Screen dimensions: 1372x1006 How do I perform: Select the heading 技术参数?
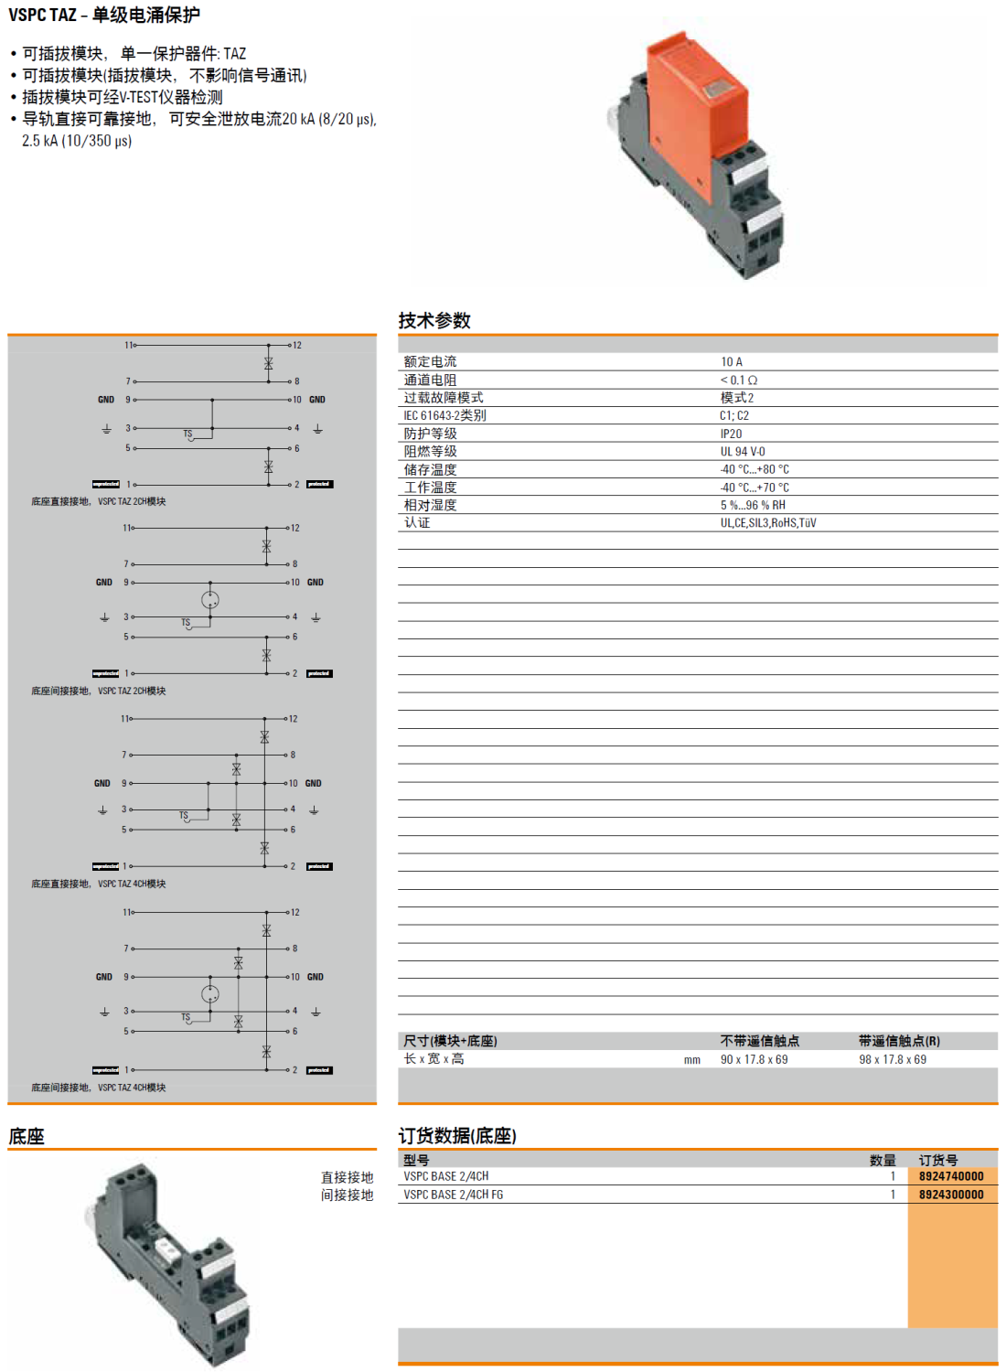tap(434, 321)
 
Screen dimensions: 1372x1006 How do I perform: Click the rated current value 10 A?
tap(732, 362)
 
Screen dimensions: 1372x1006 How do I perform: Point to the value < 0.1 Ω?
tap(739, 380)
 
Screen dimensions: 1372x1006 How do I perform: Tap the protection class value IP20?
tap(731, 434)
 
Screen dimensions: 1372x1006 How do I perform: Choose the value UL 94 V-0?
tap(743, 452)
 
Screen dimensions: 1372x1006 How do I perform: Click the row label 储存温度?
tap(430, 469)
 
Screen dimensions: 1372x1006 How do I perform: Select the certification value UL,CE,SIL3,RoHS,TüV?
tap(768, 523)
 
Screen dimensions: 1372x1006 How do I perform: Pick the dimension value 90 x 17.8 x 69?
tap(754, 1059)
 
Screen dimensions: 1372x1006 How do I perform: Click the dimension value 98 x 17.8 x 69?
tap(893, 1059)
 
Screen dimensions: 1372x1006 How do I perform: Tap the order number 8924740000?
tap(951, 1176)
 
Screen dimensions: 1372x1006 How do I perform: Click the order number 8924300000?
tap(951, 1195)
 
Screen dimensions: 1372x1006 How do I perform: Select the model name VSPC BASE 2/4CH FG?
tap(454, 1195)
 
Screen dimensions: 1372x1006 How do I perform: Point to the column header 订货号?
tap(938, 1160)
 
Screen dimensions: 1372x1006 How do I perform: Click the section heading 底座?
tap(27, 1137)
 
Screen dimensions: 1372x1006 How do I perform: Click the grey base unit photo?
tap(169, 1262)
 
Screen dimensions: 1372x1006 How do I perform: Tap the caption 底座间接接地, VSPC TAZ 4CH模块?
tap(99, 1088)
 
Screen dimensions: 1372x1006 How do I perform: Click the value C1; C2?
tap(734, 416)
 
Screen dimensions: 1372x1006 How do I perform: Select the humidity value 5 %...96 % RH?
tap(753, 505)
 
